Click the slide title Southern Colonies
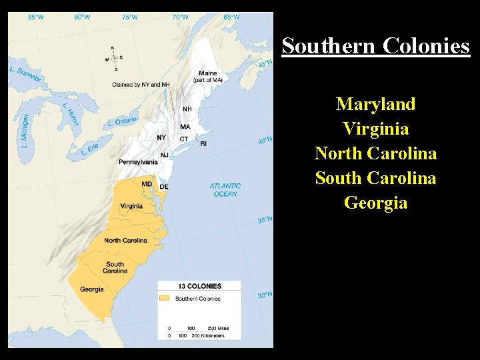pyautogui.click(x=375, y=46)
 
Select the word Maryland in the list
pyautogui.click(x=375, y=104)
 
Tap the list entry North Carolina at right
pyautogui.click(x=375, y=153)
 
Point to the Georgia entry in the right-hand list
pyautogui.click(x=375, y=203)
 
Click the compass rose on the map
pyautogui.click(x=113, y=58)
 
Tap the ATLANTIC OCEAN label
pyautogui.click(x=225, y=190)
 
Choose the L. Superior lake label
pyautogui.click(x=26, y=74)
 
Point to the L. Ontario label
pyautogui.click(x=122, y=122)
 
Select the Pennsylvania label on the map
pyautogui.click(x=138, y=162)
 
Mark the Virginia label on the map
pyautogui.click(x=131, y=206)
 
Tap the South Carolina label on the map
pyautogui.click(x=115, y=267)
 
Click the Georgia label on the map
pyautogui.click(x=92, y=289)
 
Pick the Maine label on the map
pyautogui.click(x=207, y=73)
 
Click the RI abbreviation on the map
pyautogui.click(x=203, y=143)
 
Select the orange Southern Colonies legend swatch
pyautogui.click(x=165, y=299)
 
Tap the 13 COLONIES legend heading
pyautogui.click(x=199, y=287)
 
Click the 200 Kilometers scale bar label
pyautogui.click(x=209, y=335)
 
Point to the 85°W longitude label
pyautogui.click(x=36, y=17)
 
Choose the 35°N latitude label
pyautogui.click(x=265, y=219)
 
